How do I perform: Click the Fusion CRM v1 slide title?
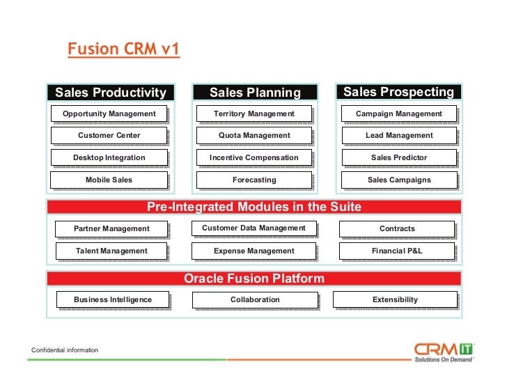[x=123, y=50]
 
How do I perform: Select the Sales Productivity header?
[x=111, y=93]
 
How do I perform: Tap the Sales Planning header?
[x=254, y=93]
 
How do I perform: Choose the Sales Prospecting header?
[x=398, y=92]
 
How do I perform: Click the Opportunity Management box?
[x=109, y=113]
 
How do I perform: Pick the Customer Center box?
[x=109, y=135]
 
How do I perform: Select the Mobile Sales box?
[x=109, y=180]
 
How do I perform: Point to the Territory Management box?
[x=254, y=113]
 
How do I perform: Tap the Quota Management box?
[x=254, y=135]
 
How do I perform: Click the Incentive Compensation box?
[x=254, y=157]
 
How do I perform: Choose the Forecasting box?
[x=254, y=180]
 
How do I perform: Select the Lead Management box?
[x=399, y=135]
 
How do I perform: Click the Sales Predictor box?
[x=399, y=157]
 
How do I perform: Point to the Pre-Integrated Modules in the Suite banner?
[x=254, y=207]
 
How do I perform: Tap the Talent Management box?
[x=111, y=251]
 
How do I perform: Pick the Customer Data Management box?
[x=253, y=228]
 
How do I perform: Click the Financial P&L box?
[x=397, y=251]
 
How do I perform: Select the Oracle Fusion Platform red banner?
[x=254, y=279]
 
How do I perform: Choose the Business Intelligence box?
[x=113, y=299]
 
